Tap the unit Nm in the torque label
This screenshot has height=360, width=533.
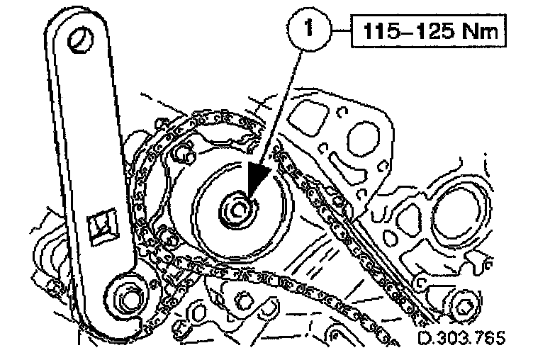[469, 33]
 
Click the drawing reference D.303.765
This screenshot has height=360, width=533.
[461, 339]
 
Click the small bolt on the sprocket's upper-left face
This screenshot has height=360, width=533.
[186, 151]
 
